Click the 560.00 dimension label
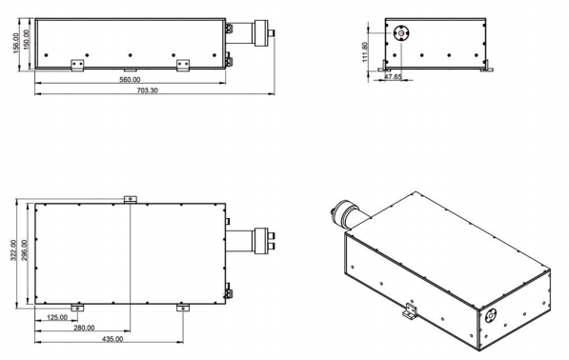coord(130,80)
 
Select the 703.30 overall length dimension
coord(147,90)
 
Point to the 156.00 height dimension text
coord(16,43)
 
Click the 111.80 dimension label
coord(365,52)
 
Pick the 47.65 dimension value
coord(393,77)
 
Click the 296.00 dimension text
coord(25,250)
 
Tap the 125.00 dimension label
coord(57,317)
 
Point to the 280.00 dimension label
coord(84,329)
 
